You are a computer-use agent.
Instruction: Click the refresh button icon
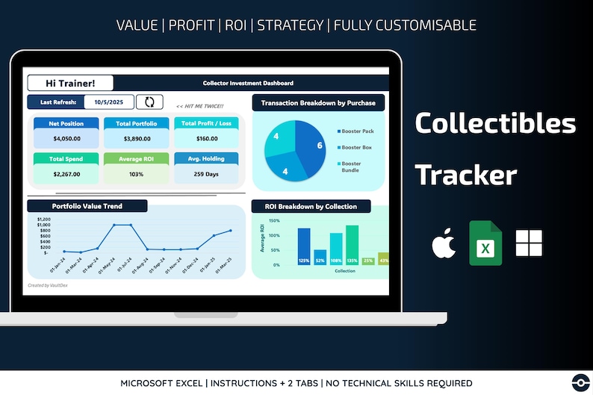click(x=149, y=102)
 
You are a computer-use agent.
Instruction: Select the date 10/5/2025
click(x=109, y=102)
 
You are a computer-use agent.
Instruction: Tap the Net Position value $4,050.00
click(x=66, y=138)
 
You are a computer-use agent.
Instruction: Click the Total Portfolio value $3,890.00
click(x=137, y=138)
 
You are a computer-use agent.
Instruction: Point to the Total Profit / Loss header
click(x=207, y=122)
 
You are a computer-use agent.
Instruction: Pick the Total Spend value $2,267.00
click(x=66, y=174)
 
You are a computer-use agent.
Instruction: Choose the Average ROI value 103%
click(x=137, y=174)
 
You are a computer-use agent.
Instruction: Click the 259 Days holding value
click(x=207, y=174)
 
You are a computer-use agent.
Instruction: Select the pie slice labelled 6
click(x=314, y=146)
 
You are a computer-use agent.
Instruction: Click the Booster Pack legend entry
click(x=357, y=131)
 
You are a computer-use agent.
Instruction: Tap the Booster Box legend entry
click(x=356, y=148)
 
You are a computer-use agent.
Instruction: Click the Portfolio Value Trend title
click(x=87, y=206)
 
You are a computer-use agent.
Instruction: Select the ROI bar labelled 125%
click(x=304, y=247)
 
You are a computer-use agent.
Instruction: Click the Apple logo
click(x=444, y=243)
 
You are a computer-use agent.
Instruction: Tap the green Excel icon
click(x=485, y=243)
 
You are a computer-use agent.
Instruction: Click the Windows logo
click(x=529, y=243)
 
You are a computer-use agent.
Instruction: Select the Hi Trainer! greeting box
click(x=70, y=84)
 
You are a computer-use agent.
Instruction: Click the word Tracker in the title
click(x=466, y=175)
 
